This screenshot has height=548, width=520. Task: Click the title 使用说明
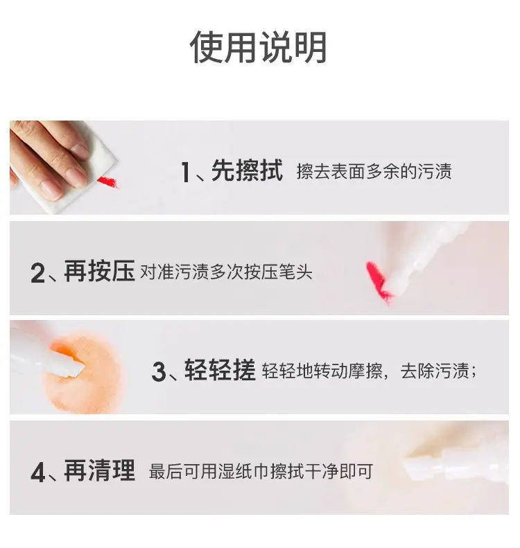click(x=258, y=47)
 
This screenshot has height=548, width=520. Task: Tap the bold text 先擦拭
click(x=247, y=171)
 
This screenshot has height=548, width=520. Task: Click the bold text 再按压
click(x=99, y=271)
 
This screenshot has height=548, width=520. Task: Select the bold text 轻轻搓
click(x=220, y=370)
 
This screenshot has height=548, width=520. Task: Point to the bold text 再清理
click(x=99, y=470)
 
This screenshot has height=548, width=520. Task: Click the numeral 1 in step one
click(x=186, y=172)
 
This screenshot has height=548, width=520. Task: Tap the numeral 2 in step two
click(x=37, y=272)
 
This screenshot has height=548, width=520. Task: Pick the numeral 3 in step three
click(x=159, y=371)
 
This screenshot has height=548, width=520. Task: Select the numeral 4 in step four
click(x=38, y=472)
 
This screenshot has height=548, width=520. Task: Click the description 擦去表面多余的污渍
click(x=374, y=172)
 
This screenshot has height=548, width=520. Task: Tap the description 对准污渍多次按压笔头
click(x=226, y=272)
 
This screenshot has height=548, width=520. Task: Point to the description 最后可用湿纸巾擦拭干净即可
click(x=261, y=472)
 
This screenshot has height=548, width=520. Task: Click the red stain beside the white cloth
click(x=107, y=182)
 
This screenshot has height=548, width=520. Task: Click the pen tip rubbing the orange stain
click(x=75, y=368)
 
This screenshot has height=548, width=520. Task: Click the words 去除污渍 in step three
click(x=435, y=371)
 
